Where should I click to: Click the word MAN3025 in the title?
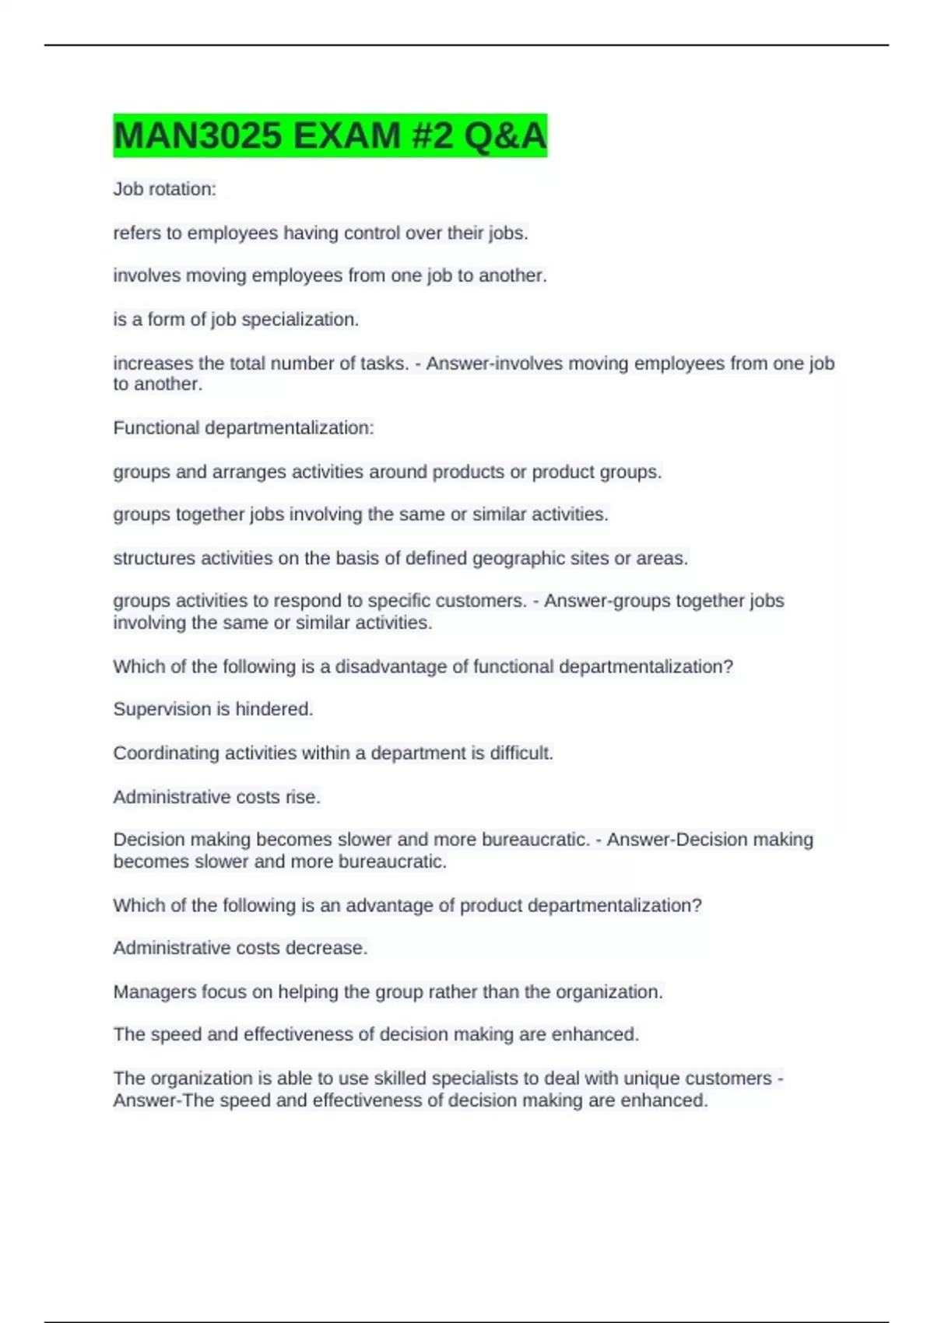(x=197, y=136)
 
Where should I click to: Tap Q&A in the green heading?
(x=505, y=136)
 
